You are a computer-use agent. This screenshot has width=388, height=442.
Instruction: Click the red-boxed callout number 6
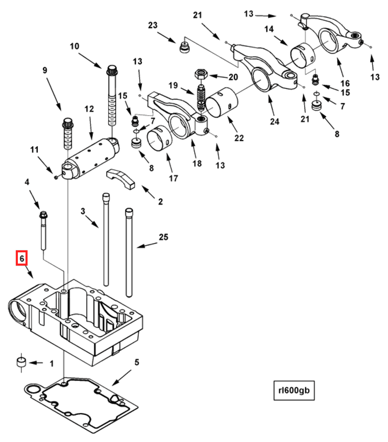21,258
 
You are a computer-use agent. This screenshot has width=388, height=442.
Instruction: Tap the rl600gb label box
294,391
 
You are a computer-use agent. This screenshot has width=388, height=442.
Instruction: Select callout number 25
163,237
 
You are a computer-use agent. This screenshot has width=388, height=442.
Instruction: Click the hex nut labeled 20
201,74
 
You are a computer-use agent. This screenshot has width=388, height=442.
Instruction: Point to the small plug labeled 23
184,47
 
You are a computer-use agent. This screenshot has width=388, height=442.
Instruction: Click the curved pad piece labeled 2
120,178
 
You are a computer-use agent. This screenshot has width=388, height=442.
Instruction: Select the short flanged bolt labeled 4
43,230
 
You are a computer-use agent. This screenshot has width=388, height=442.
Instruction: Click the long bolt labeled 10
112,96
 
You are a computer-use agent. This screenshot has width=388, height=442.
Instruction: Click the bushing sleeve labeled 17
160,138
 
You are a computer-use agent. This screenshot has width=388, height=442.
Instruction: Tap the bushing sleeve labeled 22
222,102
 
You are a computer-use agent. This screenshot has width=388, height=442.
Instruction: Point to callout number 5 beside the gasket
137,362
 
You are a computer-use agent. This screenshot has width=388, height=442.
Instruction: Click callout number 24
275,121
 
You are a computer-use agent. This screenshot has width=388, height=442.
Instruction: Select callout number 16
345,83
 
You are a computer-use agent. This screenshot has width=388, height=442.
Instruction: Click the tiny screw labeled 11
56,177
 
